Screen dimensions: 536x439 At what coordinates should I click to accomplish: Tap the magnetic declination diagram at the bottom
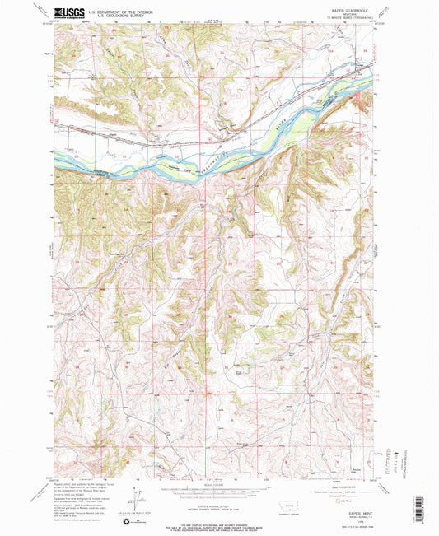click(x=142, y=499)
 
